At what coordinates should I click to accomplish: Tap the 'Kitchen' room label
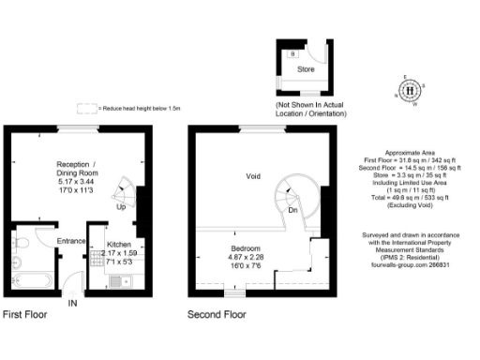(106, 244)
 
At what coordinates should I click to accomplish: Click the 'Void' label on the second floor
(253, 175)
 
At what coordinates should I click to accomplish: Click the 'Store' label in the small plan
(306, 69)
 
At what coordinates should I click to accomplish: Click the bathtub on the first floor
(33, 279)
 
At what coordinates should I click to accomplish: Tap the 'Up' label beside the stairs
(121, 206)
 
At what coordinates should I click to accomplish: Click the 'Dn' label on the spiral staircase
(293, 210)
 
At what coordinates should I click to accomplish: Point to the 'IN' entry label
(74, 303)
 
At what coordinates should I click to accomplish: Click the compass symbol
(410, 91)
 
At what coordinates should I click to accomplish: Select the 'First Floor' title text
(24, 315)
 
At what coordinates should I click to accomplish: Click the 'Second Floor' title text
(217, 315)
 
